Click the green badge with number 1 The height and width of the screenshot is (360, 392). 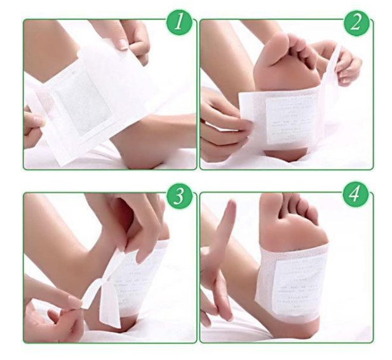tap(179, 24)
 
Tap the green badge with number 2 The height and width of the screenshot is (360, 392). tap(356, 24)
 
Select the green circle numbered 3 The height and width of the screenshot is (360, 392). tap(179, 195)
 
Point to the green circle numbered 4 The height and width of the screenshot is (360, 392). tap(356, 195)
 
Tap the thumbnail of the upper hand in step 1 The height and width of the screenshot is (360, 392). tap(121, 44)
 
